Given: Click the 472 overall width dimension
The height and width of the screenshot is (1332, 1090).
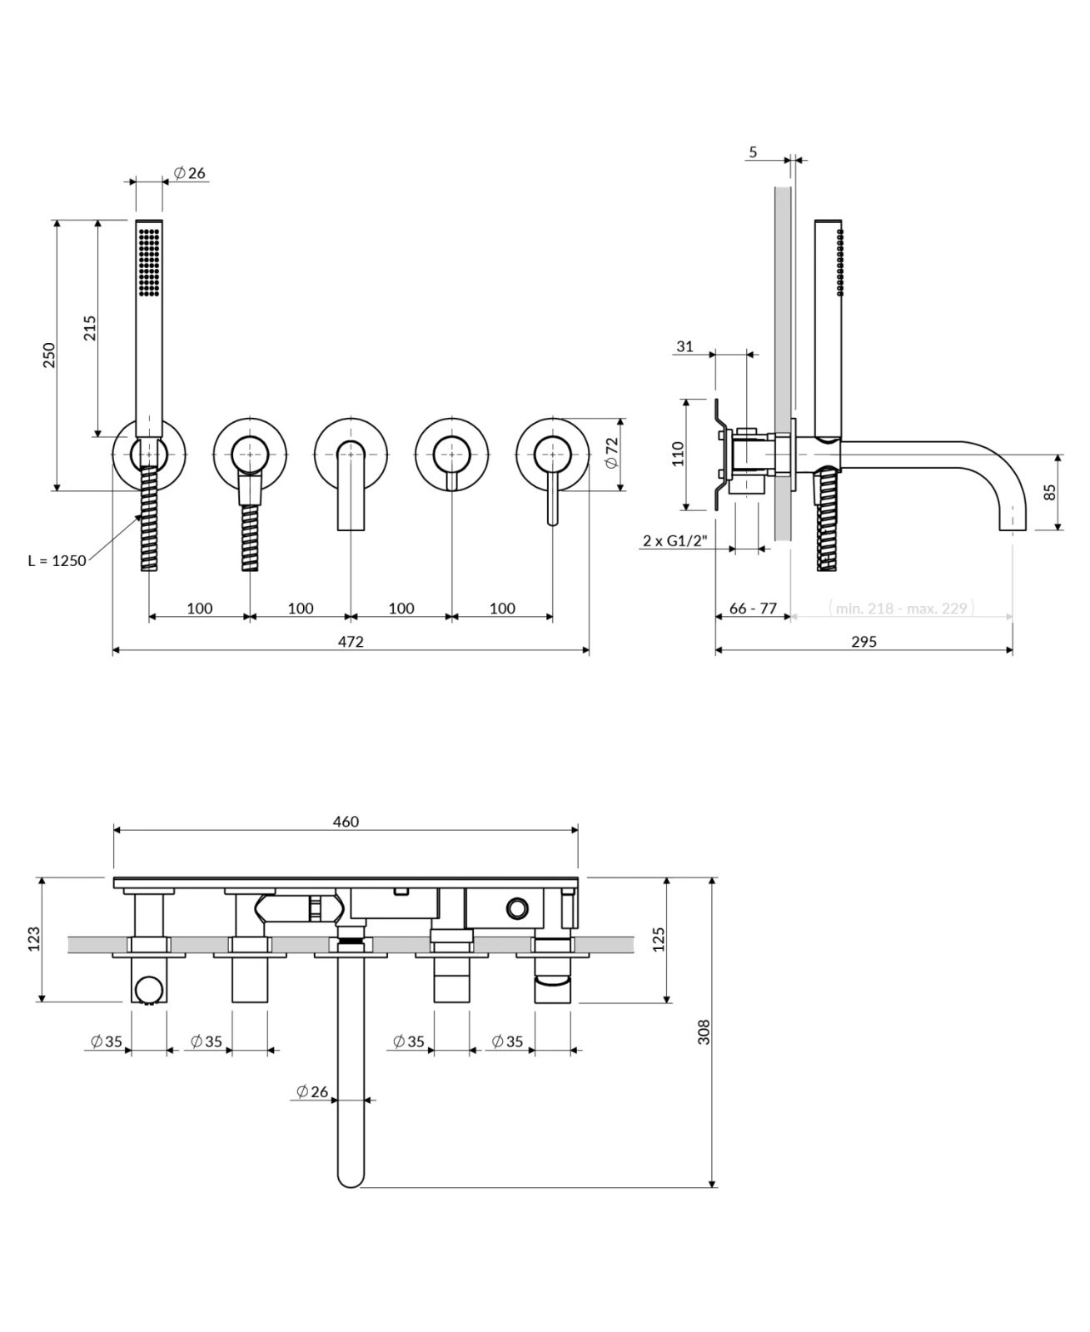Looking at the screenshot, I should (x=351, y=642).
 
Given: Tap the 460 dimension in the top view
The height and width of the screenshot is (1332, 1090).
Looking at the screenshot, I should (x=346, y=822).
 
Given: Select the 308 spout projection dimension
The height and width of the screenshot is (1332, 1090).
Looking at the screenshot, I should (x=704, y=1031).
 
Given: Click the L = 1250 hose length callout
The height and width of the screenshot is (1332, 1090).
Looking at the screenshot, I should (x=57, y=560).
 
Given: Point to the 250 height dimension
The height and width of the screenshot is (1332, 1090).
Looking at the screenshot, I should (x=49, y=355).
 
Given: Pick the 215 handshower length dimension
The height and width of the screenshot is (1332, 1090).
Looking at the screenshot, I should (x=90, y=327).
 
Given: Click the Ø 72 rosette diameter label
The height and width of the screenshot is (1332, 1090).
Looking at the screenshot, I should (x=610, y=452).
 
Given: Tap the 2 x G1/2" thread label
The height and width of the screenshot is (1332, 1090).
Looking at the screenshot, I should (x=674, y=540).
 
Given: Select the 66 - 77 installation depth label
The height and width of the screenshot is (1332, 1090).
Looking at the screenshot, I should (x=753, y=609).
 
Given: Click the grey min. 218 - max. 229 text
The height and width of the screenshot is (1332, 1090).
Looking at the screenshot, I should (x=902, y=609).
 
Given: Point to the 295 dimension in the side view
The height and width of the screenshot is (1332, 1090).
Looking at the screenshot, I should (x=864, y=642).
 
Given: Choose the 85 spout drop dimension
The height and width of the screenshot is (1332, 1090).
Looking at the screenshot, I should (x=1050, y=491).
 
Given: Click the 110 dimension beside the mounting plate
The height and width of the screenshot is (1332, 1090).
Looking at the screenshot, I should (x=678, y=454).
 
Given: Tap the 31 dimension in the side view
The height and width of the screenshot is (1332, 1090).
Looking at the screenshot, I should (x=684, y=346).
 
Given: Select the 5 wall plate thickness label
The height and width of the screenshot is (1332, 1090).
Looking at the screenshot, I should (x=754, y=152).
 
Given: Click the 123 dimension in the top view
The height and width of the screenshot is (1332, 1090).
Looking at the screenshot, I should (x=34, y=939).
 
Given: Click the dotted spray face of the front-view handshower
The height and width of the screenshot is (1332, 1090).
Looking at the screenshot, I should (x=149, y=261).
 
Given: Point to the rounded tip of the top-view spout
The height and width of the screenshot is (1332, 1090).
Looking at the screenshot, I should (x=351, y=1180).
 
